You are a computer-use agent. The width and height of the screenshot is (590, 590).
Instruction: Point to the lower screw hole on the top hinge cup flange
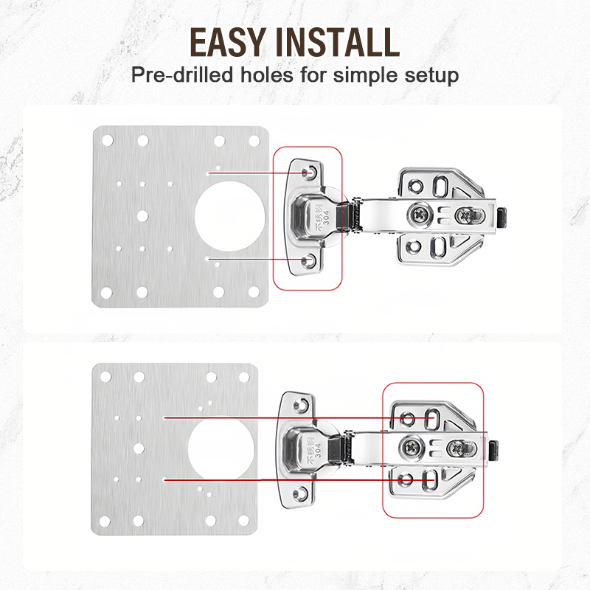308,261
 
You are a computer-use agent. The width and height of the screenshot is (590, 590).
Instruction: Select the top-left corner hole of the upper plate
107,139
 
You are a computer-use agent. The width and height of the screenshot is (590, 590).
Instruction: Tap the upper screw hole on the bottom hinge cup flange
301,405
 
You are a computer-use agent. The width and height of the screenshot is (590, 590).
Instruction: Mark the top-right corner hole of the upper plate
254,140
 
